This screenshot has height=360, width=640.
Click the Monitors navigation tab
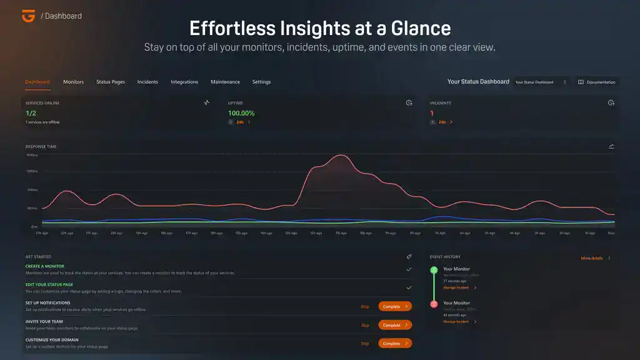(73, 82)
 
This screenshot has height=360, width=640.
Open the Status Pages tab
(111, 82)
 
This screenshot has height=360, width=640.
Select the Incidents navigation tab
(147, 82)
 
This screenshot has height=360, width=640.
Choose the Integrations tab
(184, 82)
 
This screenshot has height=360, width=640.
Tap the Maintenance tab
(225, 82)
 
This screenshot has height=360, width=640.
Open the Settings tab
(261, 82)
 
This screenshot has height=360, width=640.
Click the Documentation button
(596, 82)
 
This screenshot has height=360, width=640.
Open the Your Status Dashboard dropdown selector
(541, 82)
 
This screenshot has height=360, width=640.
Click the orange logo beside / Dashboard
(27, 16)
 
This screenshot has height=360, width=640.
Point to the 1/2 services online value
(31, 113)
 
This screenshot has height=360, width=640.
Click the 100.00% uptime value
(241, 113)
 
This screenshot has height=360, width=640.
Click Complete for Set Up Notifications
(395, 307)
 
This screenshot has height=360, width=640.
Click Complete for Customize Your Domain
(395, 343)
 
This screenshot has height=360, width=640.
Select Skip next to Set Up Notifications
(365, 307)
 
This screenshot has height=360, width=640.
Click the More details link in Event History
(594, 257)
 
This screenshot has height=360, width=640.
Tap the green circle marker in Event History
(434, 270)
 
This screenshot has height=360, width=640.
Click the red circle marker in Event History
(434, 304)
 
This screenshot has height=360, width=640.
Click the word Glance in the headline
(420, 28)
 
